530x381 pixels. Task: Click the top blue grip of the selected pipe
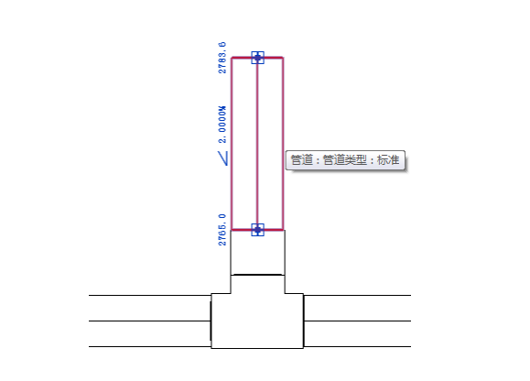click(x=257, y=58)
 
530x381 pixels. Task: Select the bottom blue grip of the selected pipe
click(x=257, y=230)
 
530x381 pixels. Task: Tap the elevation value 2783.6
click(x=222, y=58)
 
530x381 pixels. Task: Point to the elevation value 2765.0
click(x=222, y=230)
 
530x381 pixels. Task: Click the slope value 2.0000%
click(x=222, y=125)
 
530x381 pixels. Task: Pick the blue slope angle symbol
click(x=223, y=158)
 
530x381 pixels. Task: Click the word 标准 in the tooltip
click(x=388, y=160)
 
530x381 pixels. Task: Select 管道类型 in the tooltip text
click(x=345, y=160)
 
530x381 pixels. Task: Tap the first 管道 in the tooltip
click(x=301, y=160)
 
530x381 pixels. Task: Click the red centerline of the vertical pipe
click(x=257, y=144)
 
